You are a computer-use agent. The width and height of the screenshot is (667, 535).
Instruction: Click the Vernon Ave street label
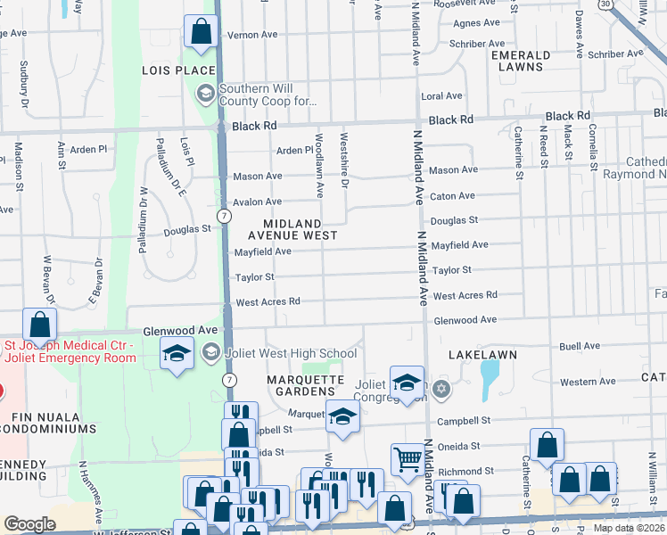point(253,35)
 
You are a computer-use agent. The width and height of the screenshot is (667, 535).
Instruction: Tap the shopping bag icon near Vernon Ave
point(202,32)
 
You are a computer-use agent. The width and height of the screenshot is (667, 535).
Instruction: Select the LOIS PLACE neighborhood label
point(178,70)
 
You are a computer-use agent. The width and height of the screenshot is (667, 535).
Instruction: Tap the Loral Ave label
point(442,96)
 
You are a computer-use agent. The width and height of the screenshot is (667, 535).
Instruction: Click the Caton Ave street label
point(452,196)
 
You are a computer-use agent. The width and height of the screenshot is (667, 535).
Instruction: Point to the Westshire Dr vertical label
point(343,165)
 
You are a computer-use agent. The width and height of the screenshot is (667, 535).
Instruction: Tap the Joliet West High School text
point(293,354)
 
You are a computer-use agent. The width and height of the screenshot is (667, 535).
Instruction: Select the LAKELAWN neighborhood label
point(483,355)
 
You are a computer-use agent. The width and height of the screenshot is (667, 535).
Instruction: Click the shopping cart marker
point(408,459)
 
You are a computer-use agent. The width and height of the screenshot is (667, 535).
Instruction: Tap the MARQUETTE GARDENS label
point(305,387)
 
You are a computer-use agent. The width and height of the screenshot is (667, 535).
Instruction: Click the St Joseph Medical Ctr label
point(69,351)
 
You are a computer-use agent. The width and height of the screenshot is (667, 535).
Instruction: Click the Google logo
point(29,524)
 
